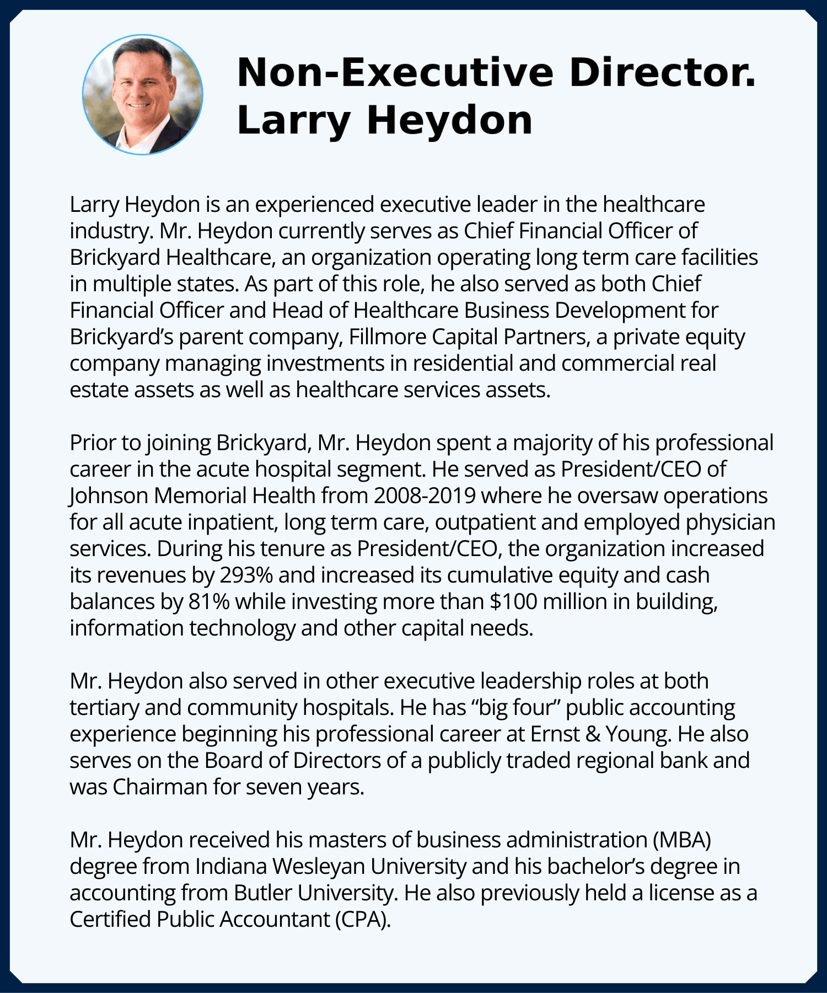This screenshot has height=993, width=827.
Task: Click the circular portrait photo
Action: point(143,94)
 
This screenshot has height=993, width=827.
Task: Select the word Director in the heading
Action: point(662,72)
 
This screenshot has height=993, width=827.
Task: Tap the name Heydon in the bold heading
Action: point(449,120)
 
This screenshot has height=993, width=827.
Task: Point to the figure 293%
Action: point(246,575)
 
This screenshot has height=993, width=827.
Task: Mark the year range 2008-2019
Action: point(425,495)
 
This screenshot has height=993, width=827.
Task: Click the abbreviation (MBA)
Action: point(681,840)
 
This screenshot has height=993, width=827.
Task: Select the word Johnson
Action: point(109,495)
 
